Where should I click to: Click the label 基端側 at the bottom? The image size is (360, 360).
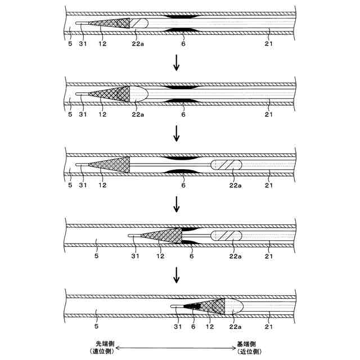tap(247, 344)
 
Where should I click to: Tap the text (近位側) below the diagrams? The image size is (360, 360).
tap(247, 352)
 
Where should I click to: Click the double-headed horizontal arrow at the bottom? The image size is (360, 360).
tap(175, 348)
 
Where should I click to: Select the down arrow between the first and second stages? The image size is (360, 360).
tap(177, 62)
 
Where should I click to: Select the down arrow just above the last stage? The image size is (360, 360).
tap(177, 275)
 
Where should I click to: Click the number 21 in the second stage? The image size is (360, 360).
tap(268, 114)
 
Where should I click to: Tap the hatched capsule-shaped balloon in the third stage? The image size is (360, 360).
tap(226, 165)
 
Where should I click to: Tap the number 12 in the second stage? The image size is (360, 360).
tap(102, 114)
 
